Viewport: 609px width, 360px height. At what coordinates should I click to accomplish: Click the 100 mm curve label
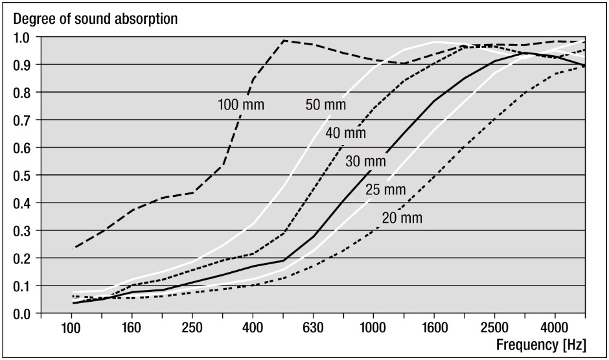(x=240, y=105)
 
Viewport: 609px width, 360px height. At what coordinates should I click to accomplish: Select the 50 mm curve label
(x=325, y=104)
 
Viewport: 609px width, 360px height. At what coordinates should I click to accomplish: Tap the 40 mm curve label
(x=347, y=133)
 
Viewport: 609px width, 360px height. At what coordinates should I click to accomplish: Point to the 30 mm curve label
(x=366, y=161)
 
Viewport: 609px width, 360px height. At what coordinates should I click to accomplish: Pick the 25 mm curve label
(x=385, y=190)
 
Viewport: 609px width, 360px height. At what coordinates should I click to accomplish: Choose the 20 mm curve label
(x=402, y=218)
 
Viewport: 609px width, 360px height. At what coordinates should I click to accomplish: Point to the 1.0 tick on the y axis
(x=23, y=37)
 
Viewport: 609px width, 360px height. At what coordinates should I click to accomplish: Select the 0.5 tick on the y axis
(x=23, y=175)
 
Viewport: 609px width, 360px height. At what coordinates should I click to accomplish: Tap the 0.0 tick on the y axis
(x=23, y=314)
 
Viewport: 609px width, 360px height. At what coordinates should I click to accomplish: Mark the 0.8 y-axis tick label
(x=23, y=93)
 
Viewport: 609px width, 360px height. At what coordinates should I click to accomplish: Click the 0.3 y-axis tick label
(x=23, y=231)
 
